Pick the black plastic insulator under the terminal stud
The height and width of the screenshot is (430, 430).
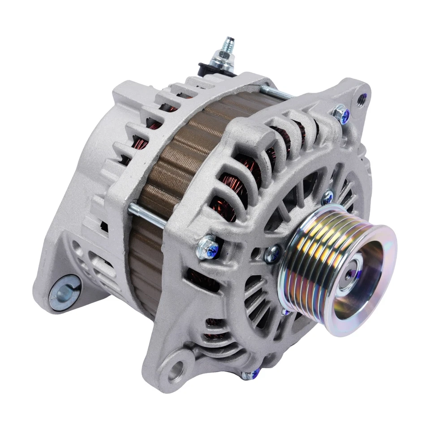point(207,69)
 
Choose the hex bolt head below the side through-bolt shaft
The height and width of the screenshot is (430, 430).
point(207,244)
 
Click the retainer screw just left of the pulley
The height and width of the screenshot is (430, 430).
point(271,254)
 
